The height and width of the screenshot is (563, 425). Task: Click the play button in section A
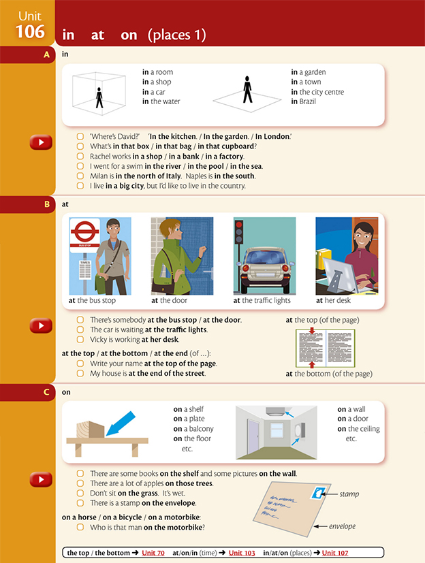(x=41, y=142)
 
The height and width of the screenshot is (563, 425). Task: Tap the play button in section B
(x=41, y=326)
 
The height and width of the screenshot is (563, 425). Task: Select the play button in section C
(x=41, y=480)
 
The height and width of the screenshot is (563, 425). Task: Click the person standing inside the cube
(x=99, y=97)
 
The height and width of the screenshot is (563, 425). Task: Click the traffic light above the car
(x=240, y=234)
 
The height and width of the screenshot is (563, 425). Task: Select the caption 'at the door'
(x=169, y=300)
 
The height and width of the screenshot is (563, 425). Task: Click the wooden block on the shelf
(x=89, y=428)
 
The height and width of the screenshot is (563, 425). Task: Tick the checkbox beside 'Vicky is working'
(x=80, y=339)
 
